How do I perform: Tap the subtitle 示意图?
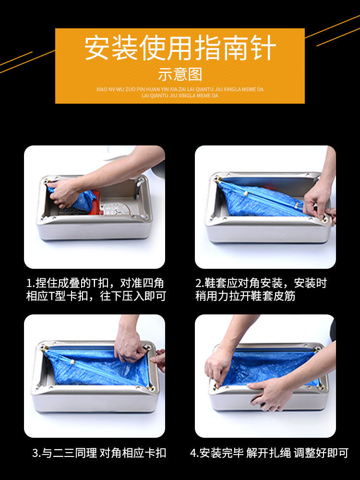click(180, 74)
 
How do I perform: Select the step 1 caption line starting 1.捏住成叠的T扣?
click(95, 283)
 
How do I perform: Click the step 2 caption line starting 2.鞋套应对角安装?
click(261, 283)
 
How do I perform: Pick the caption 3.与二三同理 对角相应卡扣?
click(99, 453)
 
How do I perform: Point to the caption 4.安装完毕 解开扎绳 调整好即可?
click(269, 453)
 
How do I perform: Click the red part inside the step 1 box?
click(95, 199)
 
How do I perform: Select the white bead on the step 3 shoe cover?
click(72, 362)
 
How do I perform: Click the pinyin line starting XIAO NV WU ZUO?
click(180, 89)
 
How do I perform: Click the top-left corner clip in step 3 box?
click(45, 348)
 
